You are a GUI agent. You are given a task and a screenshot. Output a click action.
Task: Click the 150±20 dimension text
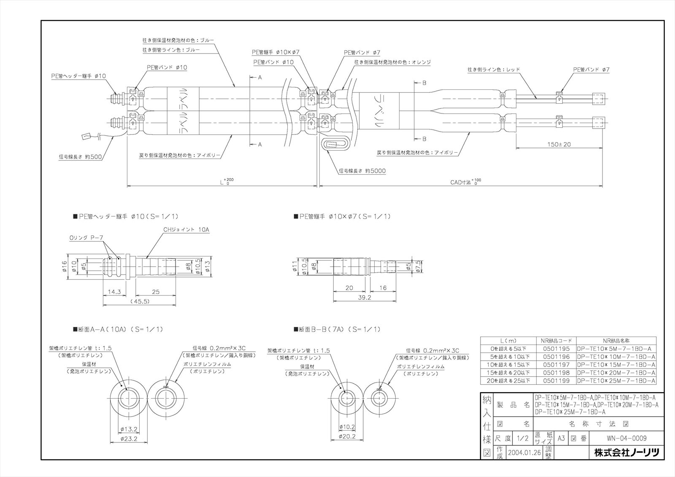tap(559, 144)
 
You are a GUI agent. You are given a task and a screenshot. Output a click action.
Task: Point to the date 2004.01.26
tap(525, 453)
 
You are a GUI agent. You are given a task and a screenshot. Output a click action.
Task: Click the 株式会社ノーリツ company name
tap(626, 453)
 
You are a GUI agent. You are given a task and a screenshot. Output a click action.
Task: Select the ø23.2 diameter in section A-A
tap(129, 439)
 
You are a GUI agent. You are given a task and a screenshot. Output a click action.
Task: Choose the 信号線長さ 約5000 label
tap(362, 171)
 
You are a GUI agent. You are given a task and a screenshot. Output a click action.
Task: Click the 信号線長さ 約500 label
tap(81, 157)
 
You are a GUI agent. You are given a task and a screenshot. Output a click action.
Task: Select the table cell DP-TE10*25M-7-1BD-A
tap(616, 380)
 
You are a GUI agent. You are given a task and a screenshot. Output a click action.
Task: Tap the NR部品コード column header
tap(556, 341)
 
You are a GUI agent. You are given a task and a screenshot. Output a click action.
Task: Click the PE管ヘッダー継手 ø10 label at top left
tap(76, 76)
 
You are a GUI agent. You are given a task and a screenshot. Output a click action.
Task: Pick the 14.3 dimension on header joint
tap(115, 291)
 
